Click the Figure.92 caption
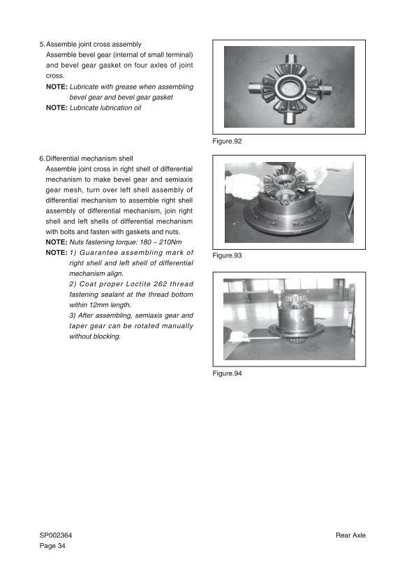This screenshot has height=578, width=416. click(227, 141)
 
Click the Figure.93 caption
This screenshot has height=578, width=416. click(227, 255)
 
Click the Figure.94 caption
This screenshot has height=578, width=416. click(227, 373)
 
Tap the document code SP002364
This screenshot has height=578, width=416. click(56, 535)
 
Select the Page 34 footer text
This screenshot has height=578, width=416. click(52, 546)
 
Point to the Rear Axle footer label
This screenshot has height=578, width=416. click(350, 535)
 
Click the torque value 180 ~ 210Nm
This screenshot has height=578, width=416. click(161, 242)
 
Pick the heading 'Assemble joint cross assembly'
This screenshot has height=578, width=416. click(94, 44)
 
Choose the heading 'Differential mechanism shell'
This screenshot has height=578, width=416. click(89, 158)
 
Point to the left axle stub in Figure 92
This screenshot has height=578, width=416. click(255, 88)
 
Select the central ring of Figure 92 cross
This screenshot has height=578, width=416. click(289, 88)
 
